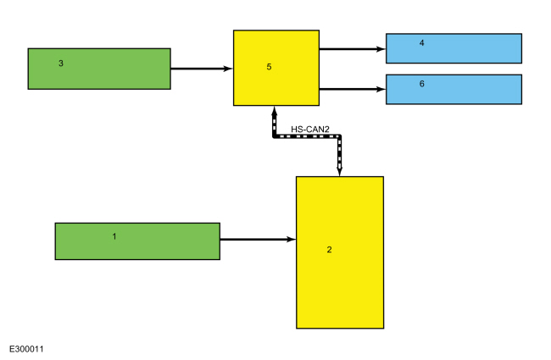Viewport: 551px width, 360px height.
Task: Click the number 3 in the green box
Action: (x=61, y=64)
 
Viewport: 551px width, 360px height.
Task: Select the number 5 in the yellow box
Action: (x=269, y=67)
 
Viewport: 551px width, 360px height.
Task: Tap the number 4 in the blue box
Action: (x=421, y=43)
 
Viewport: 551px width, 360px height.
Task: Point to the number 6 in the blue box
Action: (x=421, y=84)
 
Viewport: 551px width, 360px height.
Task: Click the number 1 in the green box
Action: (x=114, y=236)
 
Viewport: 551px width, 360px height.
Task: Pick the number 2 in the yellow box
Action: (x=329, y=249)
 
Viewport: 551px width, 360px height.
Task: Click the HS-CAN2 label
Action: (x=310, y=130)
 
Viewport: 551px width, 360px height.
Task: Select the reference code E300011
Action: (x=26, y=349)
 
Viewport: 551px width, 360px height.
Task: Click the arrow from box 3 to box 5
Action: (x=202, y=69)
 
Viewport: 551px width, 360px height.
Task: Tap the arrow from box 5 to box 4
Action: (x=353, y=49)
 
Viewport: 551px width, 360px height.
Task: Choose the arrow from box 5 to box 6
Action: (x=353, y=89)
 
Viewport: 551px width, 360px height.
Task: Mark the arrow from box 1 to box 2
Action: (x=258, y=239)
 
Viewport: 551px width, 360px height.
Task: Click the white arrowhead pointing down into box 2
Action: (x=339, y=170)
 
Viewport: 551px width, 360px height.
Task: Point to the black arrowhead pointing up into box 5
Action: (x=275, y=111)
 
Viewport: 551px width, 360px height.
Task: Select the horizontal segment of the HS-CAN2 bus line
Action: (x=307, y=136)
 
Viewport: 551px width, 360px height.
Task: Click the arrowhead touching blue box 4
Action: (x=381, y=49)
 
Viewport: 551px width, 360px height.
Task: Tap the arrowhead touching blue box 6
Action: (x=381, y=89)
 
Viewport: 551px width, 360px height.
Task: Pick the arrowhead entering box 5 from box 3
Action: (x=228, y=69)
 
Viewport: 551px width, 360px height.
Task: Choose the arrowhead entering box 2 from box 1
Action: (x=291, y=239)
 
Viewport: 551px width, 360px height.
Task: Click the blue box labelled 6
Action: (x=454, y=89)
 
